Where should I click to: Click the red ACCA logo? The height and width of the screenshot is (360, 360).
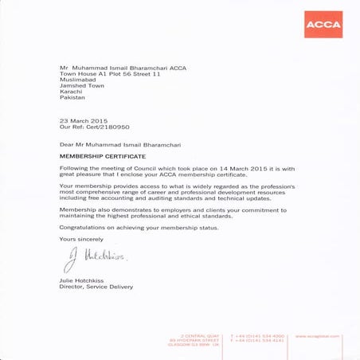coord(323,25)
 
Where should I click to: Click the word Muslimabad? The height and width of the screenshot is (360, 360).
coord(78,80)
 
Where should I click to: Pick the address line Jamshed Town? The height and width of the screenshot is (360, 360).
coord(82,85)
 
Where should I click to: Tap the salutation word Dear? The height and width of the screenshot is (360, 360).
coord(67,146)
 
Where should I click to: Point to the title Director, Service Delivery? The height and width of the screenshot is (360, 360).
coord(96,287)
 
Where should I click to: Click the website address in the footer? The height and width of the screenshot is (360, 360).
coord(318,336)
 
